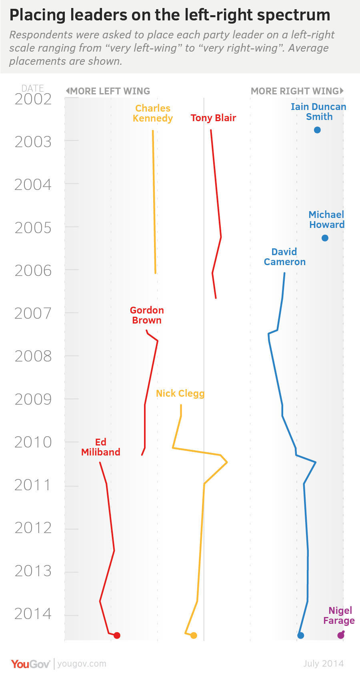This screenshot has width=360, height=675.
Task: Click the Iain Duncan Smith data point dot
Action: pos(317,130)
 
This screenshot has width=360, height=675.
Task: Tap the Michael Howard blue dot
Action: pos(325,238)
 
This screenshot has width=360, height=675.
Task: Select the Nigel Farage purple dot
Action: pos(341,635)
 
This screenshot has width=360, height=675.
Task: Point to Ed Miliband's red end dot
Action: pos(117,635)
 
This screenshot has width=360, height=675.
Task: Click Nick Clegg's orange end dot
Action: pos(194,635)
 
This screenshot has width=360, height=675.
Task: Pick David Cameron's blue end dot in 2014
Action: pos(301,635)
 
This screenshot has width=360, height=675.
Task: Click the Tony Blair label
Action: pos(213,118)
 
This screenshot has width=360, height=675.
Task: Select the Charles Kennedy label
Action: pos(153,113)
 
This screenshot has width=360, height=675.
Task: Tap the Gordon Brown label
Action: pos(147,315)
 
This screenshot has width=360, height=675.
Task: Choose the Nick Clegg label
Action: pos(180,393)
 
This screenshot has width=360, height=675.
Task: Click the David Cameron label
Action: pos(284,257)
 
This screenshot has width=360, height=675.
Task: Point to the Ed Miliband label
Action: pos(101,447)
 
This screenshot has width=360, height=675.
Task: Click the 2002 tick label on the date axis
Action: pos(33,99)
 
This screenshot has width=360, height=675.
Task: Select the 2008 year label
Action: pos(33,356)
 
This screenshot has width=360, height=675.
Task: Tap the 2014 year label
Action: pos(33,614)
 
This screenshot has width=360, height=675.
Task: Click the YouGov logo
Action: pos(30,664)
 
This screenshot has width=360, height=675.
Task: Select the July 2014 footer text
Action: pos(323,664)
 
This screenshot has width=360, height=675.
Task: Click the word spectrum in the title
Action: pos(294,15)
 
